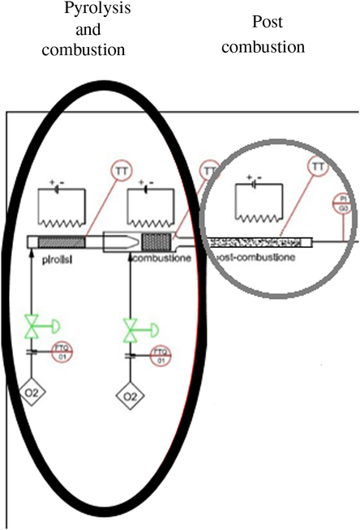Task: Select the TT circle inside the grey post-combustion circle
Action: tap(318, 168)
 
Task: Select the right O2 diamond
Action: tap(129, 396)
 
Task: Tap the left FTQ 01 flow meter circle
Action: tap(63, 352)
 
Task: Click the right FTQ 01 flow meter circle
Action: tap(161, 355)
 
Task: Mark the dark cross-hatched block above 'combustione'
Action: tap(154, 241)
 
